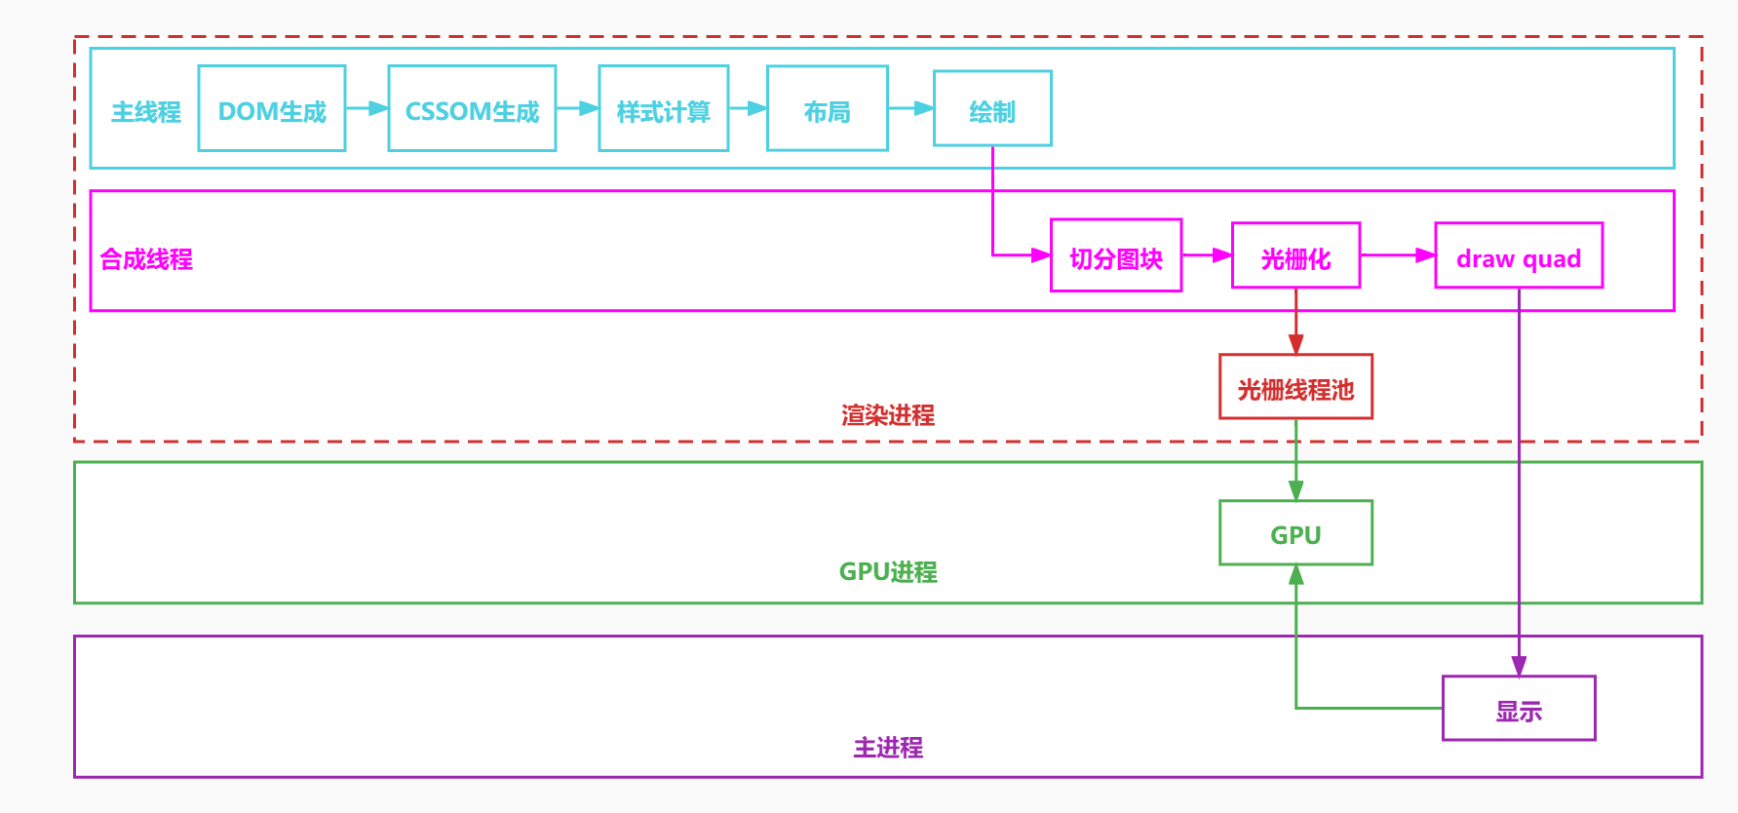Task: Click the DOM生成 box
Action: [x=272, y=109]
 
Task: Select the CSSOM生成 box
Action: [x=472, y=109]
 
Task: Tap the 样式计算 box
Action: [x=663, y=109]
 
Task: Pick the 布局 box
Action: [x=827, y=109]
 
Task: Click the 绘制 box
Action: [x=992, y=109]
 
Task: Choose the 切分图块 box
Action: [x=1116, y=255]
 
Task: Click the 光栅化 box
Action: [x=1295, y=255]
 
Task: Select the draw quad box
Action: [x=1519, y=255]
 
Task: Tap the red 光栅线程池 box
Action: [x=1295, y=387]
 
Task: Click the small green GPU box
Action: [x=1295, y=533]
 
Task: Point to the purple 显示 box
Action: [x=1519, y=709]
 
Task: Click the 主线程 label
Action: [x=146, y=112]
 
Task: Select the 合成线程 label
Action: [x=146, y=259]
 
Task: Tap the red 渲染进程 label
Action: [x=888, y=415]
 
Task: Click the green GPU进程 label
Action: [x=888, y=572]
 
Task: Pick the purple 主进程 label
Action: [x=888, y=748]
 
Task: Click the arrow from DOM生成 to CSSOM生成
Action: [x=367, y=108]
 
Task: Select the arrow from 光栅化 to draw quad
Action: [x=1397, y=255]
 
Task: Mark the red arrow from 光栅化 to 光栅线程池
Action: [x=1295, y=322]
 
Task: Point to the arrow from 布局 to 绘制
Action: [x=910, y=108]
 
